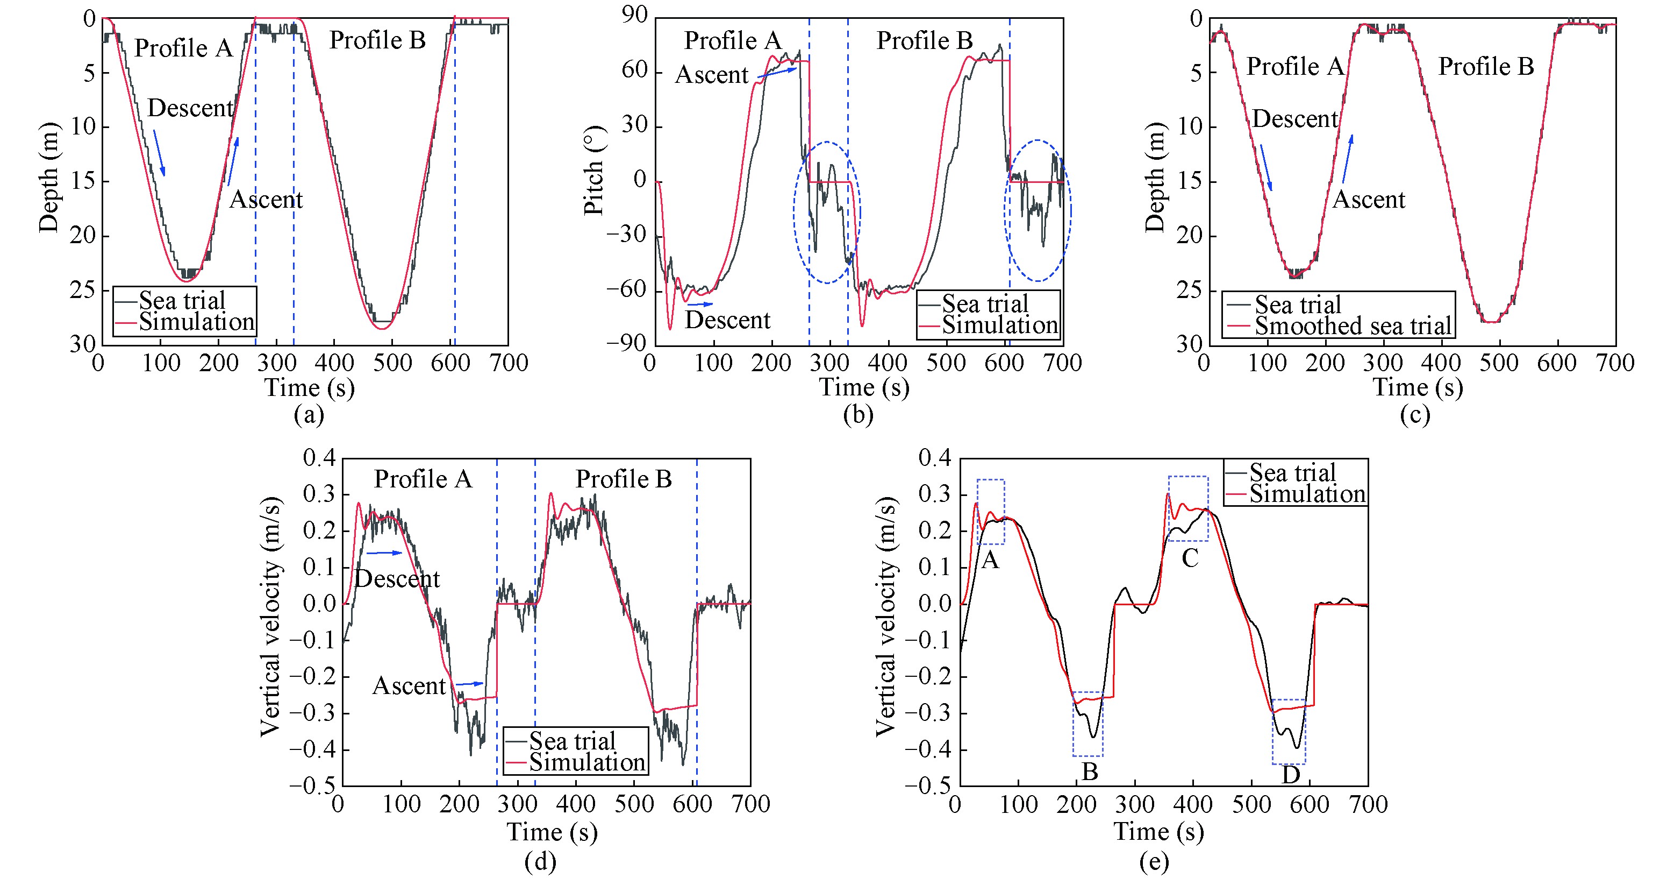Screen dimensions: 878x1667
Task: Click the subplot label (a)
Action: (x=309, y=415)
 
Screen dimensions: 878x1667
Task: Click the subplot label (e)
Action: (x=1154, y=862)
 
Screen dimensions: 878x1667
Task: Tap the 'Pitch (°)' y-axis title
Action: (x=593, y=171)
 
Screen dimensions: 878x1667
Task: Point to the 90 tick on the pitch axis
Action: (x=635, y=16)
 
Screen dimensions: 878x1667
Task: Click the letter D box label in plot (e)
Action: (x=1290, y=774)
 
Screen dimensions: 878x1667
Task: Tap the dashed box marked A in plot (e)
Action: (x=991, y=512)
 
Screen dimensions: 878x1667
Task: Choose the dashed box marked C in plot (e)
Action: (x=1188, y=508)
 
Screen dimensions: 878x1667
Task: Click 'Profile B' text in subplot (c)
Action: (x=1486, y=67)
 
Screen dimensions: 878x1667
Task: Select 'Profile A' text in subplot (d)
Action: (x=423, y=479)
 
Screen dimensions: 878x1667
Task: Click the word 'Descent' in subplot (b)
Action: (x=727, y=321)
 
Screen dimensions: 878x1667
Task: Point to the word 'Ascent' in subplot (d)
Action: (x=409, y=686)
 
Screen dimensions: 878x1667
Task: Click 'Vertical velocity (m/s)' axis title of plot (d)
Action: (x=270, y=617)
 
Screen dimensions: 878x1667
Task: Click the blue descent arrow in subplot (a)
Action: (x=159, y=153)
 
